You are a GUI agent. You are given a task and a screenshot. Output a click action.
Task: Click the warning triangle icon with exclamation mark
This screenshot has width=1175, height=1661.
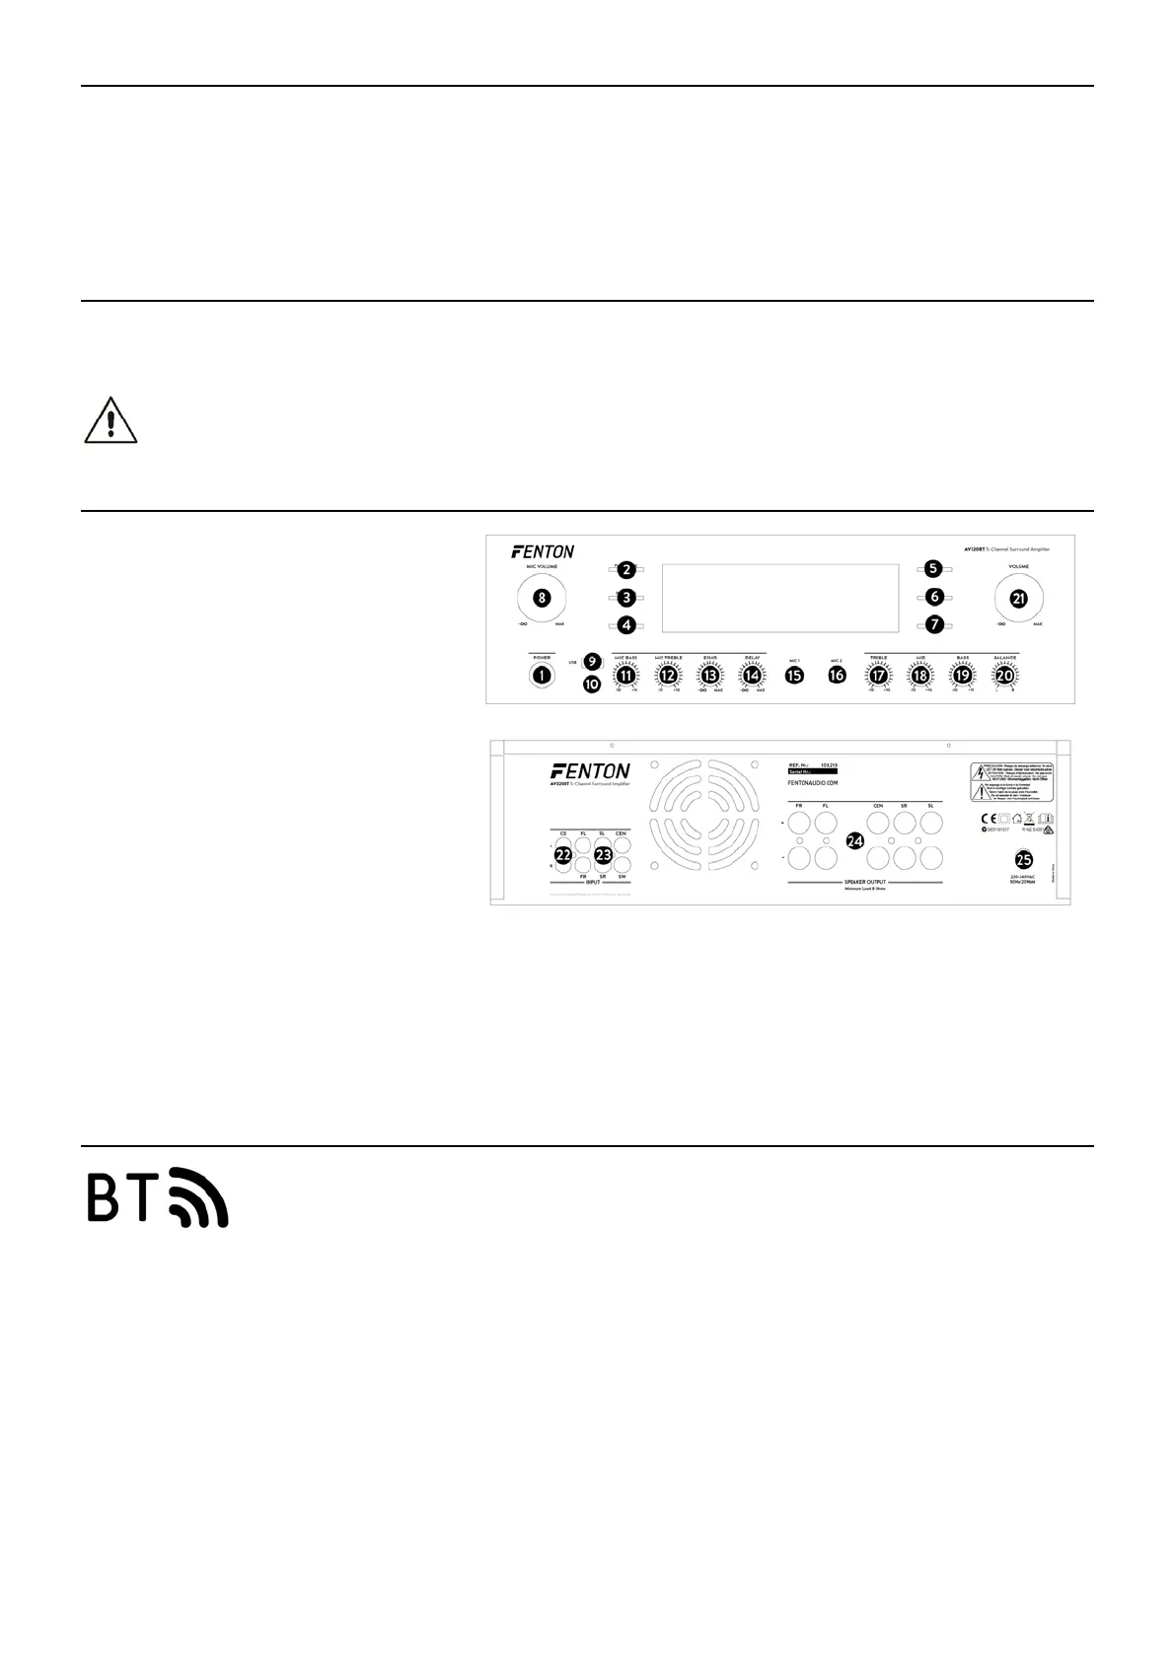coord(110,422)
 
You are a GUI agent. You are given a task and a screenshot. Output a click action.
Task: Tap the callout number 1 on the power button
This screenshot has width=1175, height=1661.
coord(541,676)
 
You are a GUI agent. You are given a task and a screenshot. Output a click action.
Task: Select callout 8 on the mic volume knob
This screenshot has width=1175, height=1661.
coord(541,597)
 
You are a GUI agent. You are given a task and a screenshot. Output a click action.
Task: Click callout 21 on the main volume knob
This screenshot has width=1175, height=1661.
coord(1018,597)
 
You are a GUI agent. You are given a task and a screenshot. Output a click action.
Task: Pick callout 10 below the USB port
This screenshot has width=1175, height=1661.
coord(591,683)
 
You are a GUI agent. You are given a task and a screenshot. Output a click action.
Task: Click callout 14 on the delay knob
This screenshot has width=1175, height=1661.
coord(752,676)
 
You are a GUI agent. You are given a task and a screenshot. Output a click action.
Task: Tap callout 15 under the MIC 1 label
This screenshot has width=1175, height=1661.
coord(794,676)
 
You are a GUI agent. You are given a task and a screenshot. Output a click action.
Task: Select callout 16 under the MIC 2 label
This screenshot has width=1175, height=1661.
coord(837,676)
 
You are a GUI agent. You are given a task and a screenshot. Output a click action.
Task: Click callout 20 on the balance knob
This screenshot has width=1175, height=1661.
coord(1004,676)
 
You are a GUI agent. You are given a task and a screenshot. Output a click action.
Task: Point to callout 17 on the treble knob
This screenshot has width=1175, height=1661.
coord(878,676)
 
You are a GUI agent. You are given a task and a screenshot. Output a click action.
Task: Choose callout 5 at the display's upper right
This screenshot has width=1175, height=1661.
coord(933,569)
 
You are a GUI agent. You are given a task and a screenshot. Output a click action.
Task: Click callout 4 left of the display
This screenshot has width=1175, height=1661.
coord(624,624)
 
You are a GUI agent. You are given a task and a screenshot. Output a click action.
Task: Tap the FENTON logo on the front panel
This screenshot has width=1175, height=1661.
coord(543,551)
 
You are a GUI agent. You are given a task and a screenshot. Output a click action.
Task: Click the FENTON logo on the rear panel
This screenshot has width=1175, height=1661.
coord(589,770)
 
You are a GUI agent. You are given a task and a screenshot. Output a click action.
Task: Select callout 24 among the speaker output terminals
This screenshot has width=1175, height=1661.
coord(855,841)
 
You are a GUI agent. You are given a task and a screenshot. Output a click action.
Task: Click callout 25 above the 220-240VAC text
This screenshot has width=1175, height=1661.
coord(1024,858)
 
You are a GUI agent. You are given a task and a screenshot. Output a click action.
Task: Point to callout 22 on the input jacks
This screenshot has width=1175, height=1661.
coord(562,855)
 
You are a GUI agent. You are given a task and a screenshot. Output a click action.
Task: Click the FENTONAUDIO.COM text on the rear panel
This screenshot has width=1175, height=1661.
coord(814,783)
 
